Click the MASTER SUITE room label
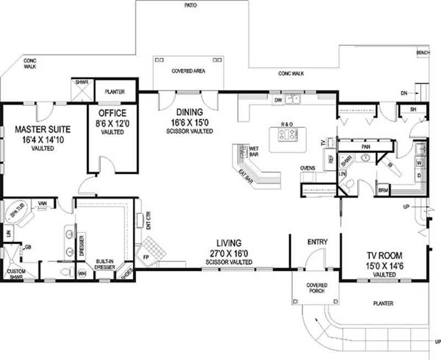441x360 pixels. [x=42, y=130]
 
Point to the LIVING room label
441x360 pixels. [x=228, y=242]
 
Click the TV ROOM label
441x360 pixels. [x=385, y=256]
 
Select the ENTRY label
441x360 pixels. [x=317, y=241]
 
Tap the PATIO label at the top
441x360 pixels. [x=191, y=5]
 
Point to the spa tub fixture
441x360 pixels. [x=18, y=214]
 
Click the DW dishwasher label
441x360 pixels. [x=278, y=101]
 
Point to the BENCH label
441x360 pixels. [x=423, y=52]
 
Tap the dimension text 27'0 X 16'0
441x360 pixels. [x=228, y=253]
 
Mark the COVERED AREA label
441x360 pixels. [x=189, y=71]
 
